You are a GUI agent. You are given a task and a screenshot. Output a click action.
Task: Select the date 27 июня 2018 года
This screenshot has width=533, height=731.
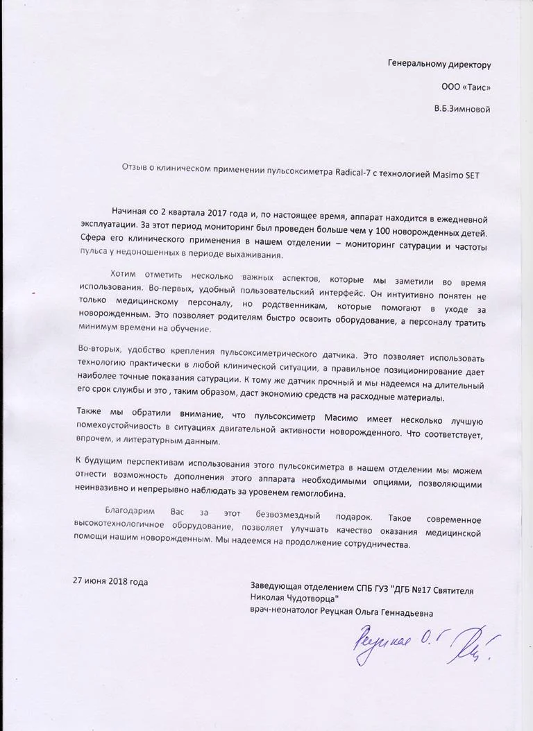(110, 581)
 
